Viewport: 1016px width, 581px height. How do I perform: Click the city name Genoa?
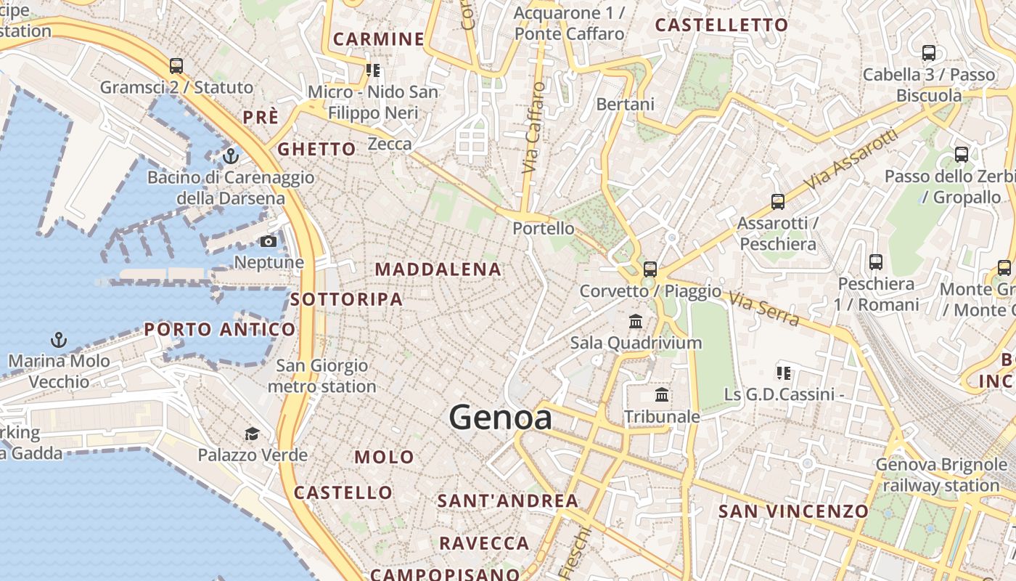pyautogui.click(x=500, y=418)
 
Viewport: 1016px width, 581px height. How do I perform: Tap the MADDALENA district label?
pyautogui.click(x=438, y=269)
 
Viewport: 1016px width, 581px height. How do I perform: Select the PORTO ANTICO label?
pyautogui.click(x=220, y=330)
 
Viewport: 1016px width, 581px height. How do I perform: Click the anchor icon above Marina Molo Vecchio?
pyautogui.click(x=58, y=339)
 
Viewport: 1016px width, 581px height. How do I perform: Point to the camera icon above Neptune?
pyautogui.click(x=269, y=241)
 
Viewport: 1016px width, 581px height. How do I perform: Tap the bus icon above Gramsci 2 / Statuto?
pyautogui.click(x=176, y=66)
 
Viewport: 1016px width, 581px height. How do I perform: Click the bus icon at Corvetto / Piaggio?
pyautogui.click(x=650, y=269)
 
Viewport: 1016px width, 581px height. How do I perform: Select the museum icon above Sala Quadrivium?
pyautogui.click(x=636, y=321)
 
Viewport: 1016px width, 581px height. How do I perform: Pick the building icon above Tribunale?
pyautogui.click(x=662, y=395)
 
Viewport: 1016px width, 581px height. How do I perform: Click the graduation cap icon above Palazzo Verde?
pyautogui.click(x=252, y=434)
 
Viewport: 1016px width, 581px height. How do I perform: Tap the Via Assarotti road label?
pyautogui.click(x=851, y=162)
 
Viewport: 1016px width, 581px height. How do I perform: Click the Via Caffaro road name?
pyautogui.click(x=533, y=127)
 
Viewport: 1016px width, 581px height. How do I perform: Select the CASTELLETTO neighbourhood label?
pyautogui.click(x=721, y=25)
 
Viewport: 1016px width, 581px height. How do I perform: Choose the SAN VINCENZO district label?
pyautogui.click(x=793, y=511)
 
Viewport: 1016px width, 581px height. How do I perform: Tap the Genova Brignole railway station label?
pyautogui.click(x=941, y=475)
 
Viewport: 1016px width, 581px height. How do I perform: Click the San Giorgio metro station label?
pyautogui.click(x=322, y=376)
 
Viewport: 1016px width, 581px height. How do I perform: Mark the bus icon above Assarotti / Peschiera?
pyautogui.click(x=778, y=202)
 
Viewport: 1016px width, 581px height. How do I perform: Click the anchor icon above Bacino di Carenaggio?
pyautogui.click(x=231, y=155)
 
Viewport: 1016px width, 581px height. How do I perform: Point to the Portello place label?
pyautogui.click(x=544, y=228)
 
